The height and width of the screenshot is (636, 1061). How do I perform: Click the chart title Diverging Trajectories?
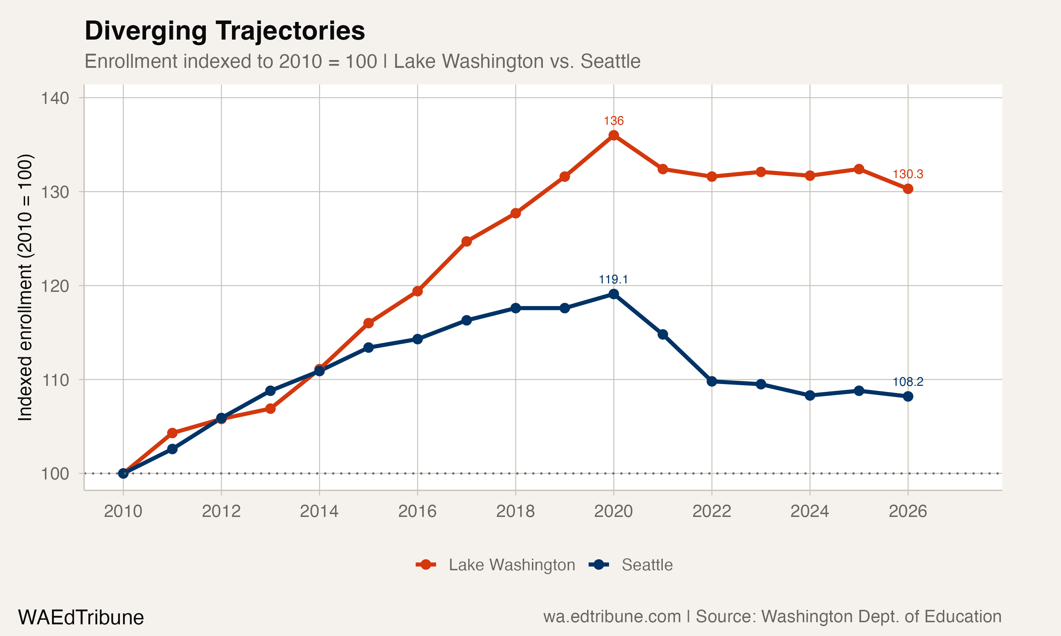(x=225, y=31)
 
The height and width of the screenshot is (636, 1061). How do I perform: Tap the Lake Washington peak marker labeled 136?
(x=614, y=135)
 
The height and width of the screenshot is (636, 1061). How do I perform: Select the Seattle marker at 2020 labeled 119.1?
(x=614, y=294)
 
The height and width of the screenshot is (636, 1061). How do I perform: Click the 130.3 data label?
(x=908, y=174)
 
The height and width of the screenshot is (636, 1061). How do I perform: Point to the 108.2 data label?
(x=908, y=382)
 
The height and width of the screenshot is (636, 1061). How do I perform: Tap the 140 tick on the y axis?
(x=55, y=98)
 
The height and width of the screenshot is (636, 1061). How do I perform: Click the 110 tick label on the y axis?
(x=55, y=380)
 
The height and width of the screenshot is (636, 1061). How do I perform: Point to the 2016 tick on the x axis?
(x=417, y=511)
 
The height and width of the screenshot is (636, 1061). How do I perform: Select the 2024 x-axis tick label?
(x=810, y=511)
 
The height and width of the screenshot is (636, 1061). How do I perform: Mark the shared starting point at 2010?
(x=123, y=473)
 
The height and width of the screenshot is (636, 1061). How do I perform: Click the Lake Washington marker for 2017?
(x=466, y=241)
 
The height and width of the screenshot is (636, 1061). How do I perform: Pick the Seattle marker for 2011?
(x=172, y=449)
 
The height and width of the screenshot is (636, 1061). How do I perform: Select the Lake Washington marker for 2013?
(x=270, y=408)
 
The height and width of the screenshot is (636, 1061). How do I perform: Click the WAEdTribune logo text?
(x=81, y=618)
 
